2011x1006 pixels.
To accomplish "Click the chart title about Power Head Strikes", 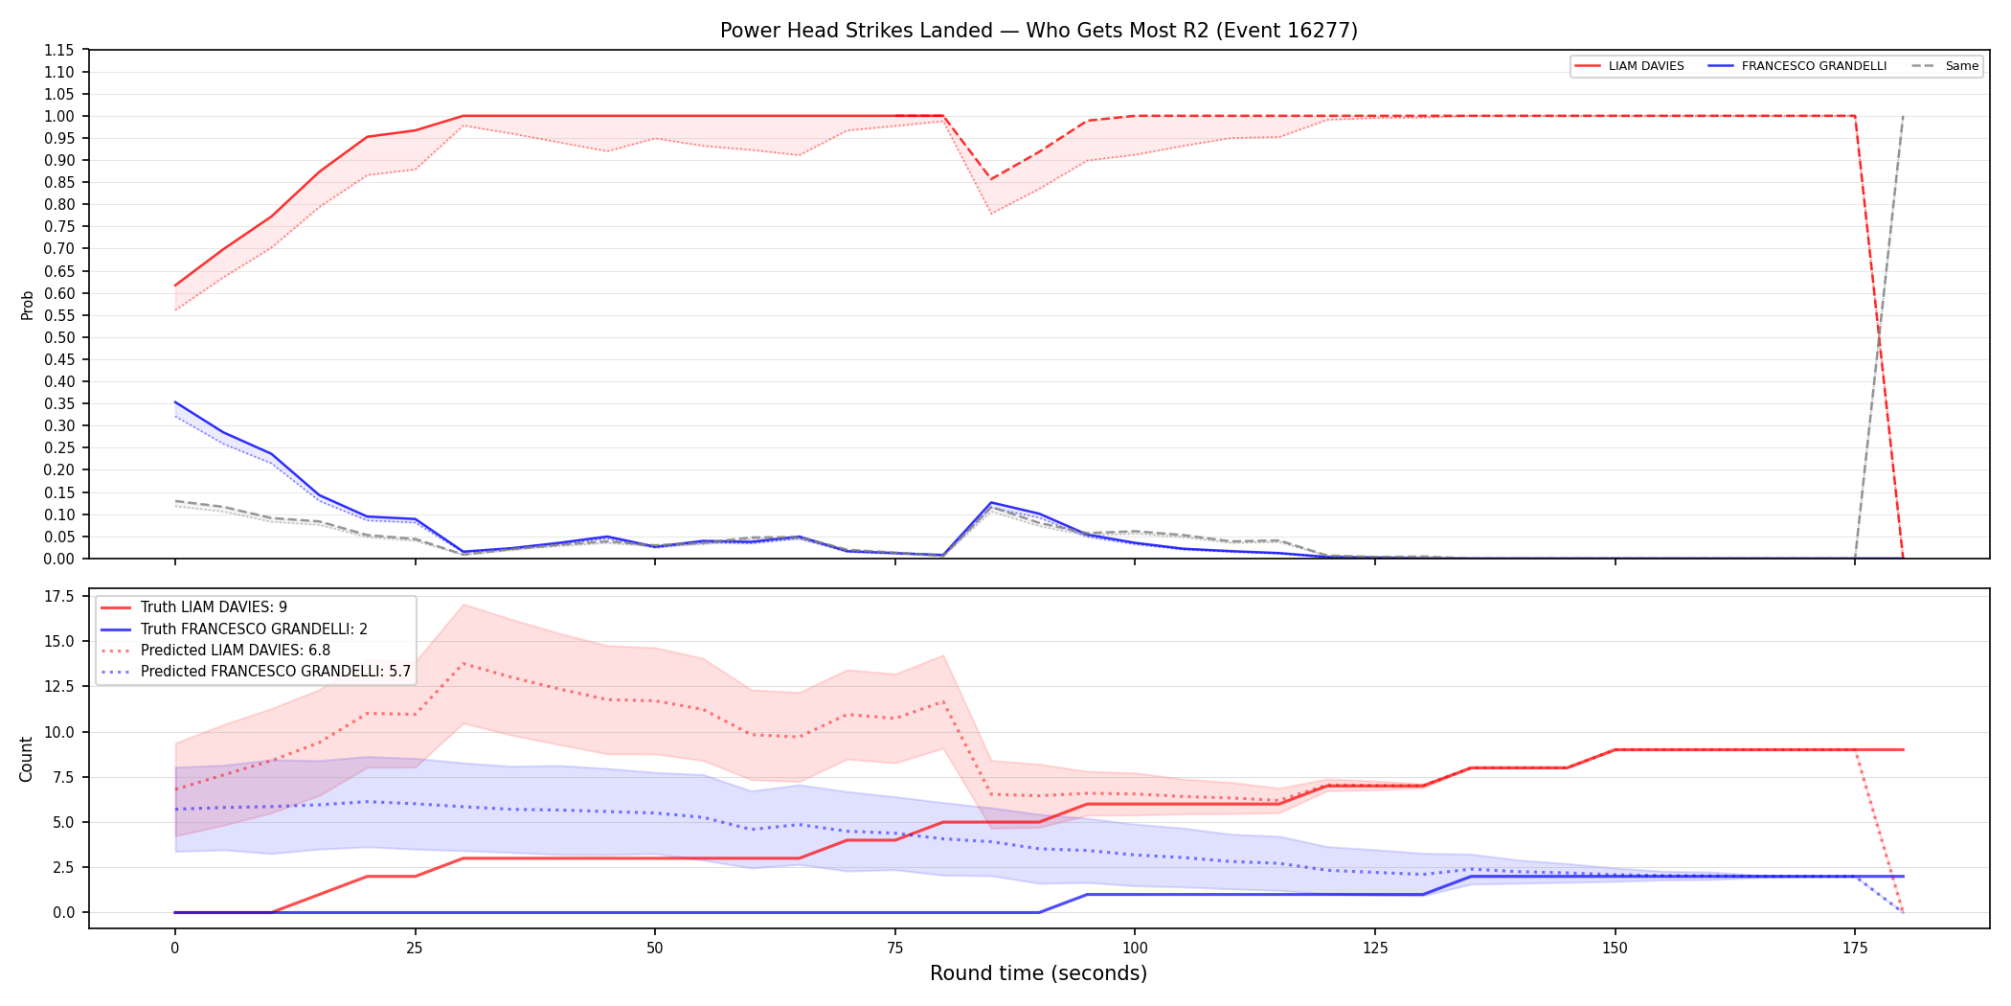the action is [1039, 31].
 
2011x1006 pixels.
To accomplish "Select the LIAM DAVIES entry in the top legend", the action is [1630, 66].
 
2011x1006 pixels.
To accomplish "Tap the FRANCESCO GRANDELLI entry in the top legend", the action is [1797, 66].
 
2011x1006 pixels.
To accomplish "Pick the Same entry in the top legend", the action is [1945, 66].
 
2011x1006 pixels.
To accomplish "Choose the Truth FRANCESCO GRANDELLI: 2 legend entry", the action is [234, 629].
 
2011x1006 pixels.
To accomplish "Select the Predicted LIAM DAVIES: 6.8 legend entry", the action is [215, 650].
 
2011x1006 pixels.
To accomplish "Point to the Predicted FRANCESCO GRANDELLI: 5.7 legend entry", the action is [256, 671].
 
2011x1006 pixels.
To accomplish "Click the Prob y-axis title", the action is [28, 305].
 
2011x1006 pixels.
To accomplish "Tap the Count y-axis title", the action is [26, 759].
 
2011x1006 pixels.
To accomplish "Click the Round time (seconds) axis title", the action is [1039, 973].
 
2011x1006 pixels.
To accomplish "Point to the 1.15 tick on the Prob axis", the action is [59, 50].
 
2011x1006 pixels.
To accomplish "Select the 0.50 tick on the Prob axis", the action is [59, 337].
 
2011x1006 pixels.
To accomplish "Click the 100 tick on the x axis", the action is [1135, 949].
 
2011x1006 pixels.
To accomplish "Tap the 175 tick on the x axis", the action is [1855, 949].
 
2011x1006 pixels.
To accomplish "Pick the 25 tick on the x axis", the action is [415, 949].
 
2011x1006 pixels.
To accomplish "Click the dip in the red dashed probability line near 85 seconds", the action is [991, 179].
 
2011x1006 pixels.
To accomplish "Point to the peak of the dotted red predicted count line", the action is [463, 663].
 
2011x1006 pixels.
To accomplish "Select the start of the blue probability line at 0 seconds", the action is [175, 402].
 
